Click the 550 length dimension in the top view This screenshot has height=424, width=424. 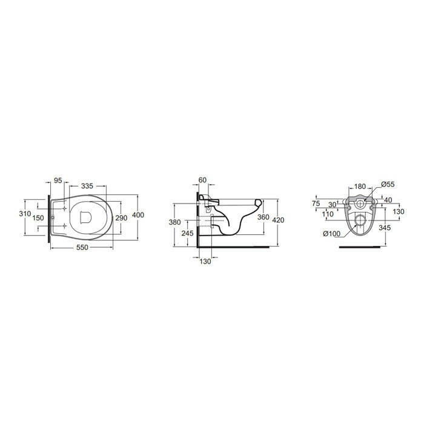click(x=82, y=248)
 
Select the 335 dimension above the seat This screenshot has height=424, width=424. click(x=87, y=186)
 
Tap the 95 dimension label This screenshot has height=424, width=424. click(x=59, y=181)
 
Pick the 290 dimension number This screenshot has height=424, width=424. click(x=121, y=217)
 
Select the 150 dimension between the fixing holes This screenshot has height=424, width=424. click(x=38, y=217)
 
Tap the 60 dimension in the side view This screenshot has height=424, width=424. click(x=202, y=181)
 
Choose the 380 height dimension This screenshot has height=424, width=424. click(x=174, y=222)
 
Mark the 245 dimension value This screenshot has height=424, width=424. click(x=188, y=233)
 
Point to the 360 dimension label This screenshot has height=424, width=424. click(x=263, y=217)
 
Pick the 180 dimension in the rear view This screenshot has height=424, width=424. click(x=359, y=187)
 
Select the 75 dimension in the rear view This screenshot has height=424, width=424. click(x=316, y=204)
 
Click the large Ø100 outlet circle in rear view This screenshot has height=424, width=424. click(x=360, y=219)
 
